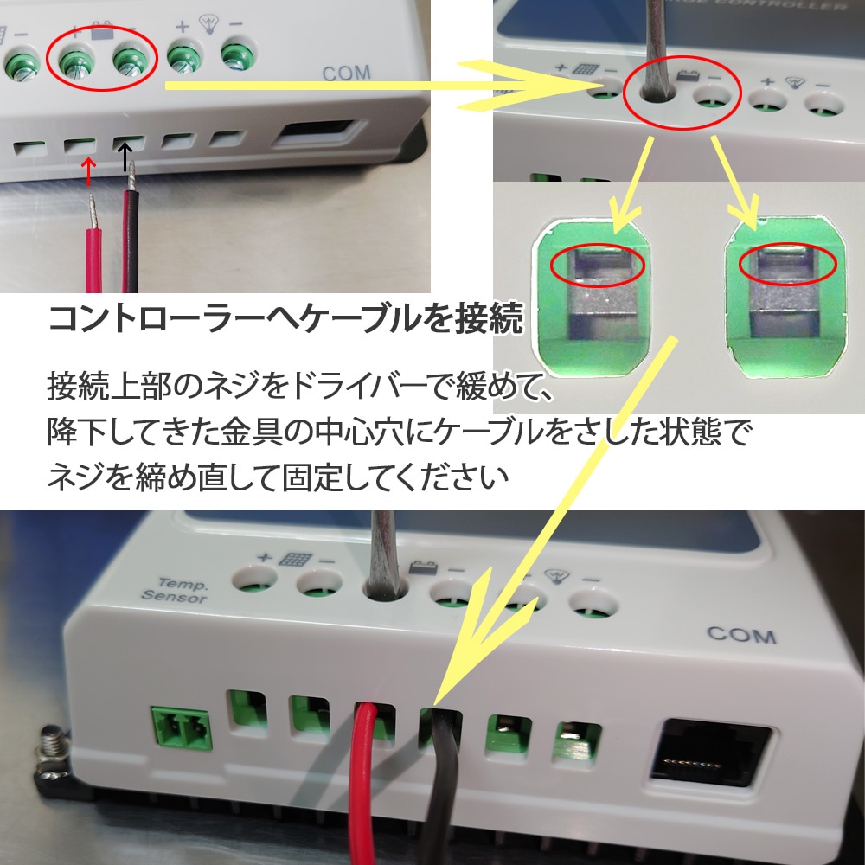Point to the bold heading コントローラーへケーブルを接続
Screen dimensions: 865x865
(285, 319)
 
